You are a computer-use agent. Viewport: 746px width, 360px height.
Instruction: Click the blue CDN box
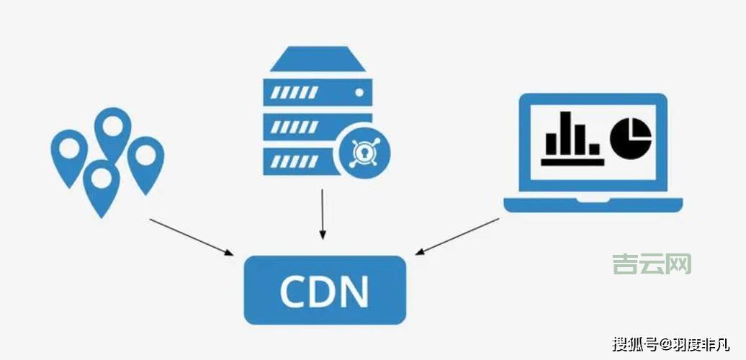pyautogui.click(x=325, y=289)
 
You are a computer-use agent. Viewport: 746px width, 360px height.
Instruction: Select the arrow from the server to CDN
pyautogui.click(x=323, y=212)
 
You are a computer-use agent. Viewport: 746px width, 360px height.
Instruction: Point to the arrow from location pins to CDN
pyautogui.click(x=191, y=235)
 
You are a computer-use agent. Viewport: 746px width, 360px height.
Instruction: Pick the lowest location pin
pyautogui.click(x=101, y=184)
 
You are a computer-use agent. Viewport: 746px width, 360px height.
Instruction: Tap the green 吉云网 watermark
pyautogui.click(x=652, y=264)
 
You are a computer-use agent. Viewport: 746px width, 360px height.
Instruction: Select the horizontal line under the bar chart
pyautogui.click(x=572, y=162)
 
